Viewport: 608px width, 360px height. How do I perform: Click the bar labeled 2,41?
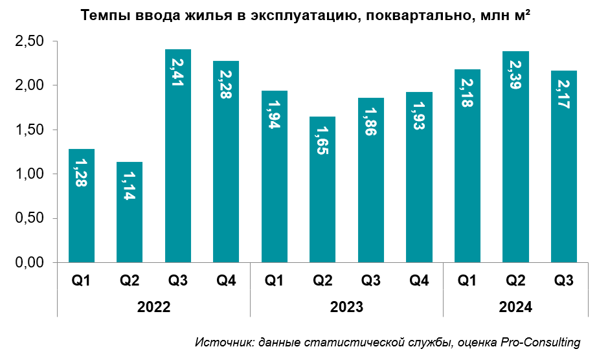coord(178,155)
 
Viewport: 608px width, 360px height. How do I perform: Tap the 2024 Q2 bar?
coord(515,156)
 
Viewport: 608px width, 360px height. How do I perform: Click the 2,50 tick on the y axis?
coord(29,41)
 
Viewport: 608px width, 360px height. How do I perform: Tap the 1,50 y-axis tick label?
coord(29,130)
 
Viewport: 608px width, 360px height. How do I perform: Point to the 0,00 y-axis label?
coord(29,263)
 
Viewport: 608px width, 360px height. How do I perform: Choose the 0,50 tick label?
coord(29,219)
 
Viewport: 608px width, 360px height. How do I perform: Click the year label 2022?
coord(153,307)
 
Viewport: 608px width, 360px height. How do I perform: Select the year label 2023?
coord(346,307)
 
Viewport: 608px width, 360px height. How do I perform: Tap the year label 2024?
coord(515,307)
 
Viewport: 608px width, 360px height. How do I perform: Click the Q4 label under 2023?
coord(419,280)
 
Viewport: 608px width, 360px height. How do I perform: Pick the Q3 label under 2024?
coord(563,280)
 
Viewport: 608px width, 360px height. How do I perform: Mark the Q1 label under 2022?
coord(82,280)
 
